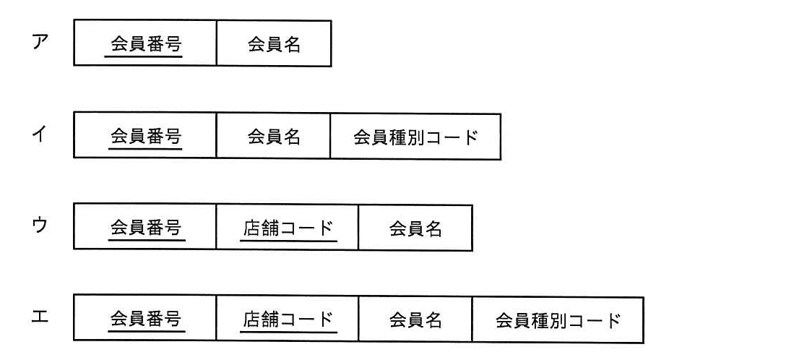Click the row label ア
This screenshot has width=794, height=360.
[x=40, y=43]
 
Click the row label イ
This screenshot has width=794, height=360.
[x=40, y=134]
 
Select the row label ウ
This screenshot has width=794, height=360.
[x=40, y=226]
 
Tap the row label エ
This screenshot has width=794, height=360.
[x=40, y=318]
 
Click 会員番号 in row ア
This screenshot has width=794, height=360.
[x=146, y=45]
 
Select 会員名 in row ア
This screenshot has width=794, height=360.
[x=274, y=45]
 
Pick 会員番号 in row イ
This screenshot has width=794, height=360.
[x=146, y=136]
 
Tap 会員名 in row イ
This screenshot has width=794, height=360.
[x=274, y=137]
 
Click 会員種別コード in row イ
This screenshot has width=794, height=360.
[x=415, y=137]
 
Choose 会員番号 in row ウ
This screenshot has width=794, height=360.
[x=146, y=228]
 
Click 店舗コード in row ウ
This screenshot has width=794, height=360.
[x=288, y=228]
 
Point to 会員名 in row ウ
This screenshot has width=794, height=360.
[x=415, y=229]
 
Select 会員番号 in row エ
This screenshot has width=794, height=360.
[x=146, y=319]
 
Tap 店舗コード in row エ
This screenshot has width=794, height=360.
[x=288, y=320]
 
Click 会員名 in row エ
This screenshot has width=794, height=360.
[x=415, y=320]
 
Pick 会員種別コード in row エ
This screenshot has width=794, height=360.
[x=558, y=320]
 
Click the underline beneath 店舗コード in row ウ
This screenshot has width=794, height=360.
[x=289, y=241]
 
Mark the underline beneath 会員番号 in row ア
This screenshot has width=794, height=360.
[x=144, y=56]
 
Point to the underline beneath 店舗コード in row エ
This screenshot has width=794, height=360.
[x=289, y=333]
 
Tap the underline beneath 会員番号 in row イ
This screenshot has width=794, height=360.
[x=144, y=148]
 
